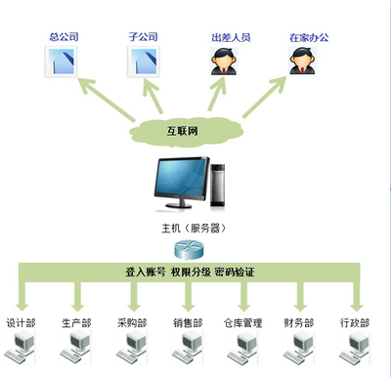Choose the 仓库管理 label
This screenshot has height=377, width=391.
[243, 322]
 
